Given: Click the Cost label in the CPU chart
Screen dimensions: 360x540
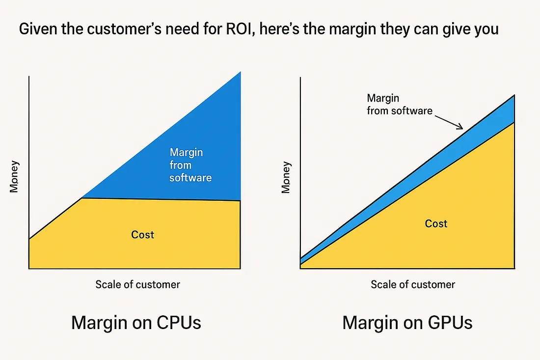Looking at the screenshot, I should [143, 235].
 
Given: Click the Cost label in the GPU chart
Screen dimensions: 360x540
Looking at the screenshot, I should [436, 224].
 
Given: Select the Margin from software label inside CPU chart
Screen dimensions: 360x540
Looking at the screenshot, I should [190, 165].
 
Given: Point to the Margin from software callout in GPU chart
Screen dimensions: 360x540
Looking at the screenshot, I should [399, 104].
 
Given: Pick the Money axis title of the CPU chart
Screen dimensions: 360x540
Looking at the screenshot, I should [14, 176].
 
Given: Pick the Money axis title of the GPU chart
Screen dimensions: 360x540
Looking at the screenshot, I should [286, 177].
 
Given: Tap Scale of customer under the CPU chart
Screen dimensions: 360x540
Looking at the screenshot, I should [137, 284].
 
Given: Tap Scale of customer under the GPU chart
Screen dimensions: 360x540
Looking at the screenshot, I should [413, 284].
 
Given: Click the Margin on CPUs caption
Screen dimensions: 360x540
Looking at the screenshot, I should [136, 323].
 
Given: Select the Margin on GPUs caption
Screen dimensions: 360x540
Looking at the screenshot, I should [407, 323].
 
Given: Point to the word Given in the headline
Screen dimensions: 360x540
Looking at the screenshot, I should [37, 29].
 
